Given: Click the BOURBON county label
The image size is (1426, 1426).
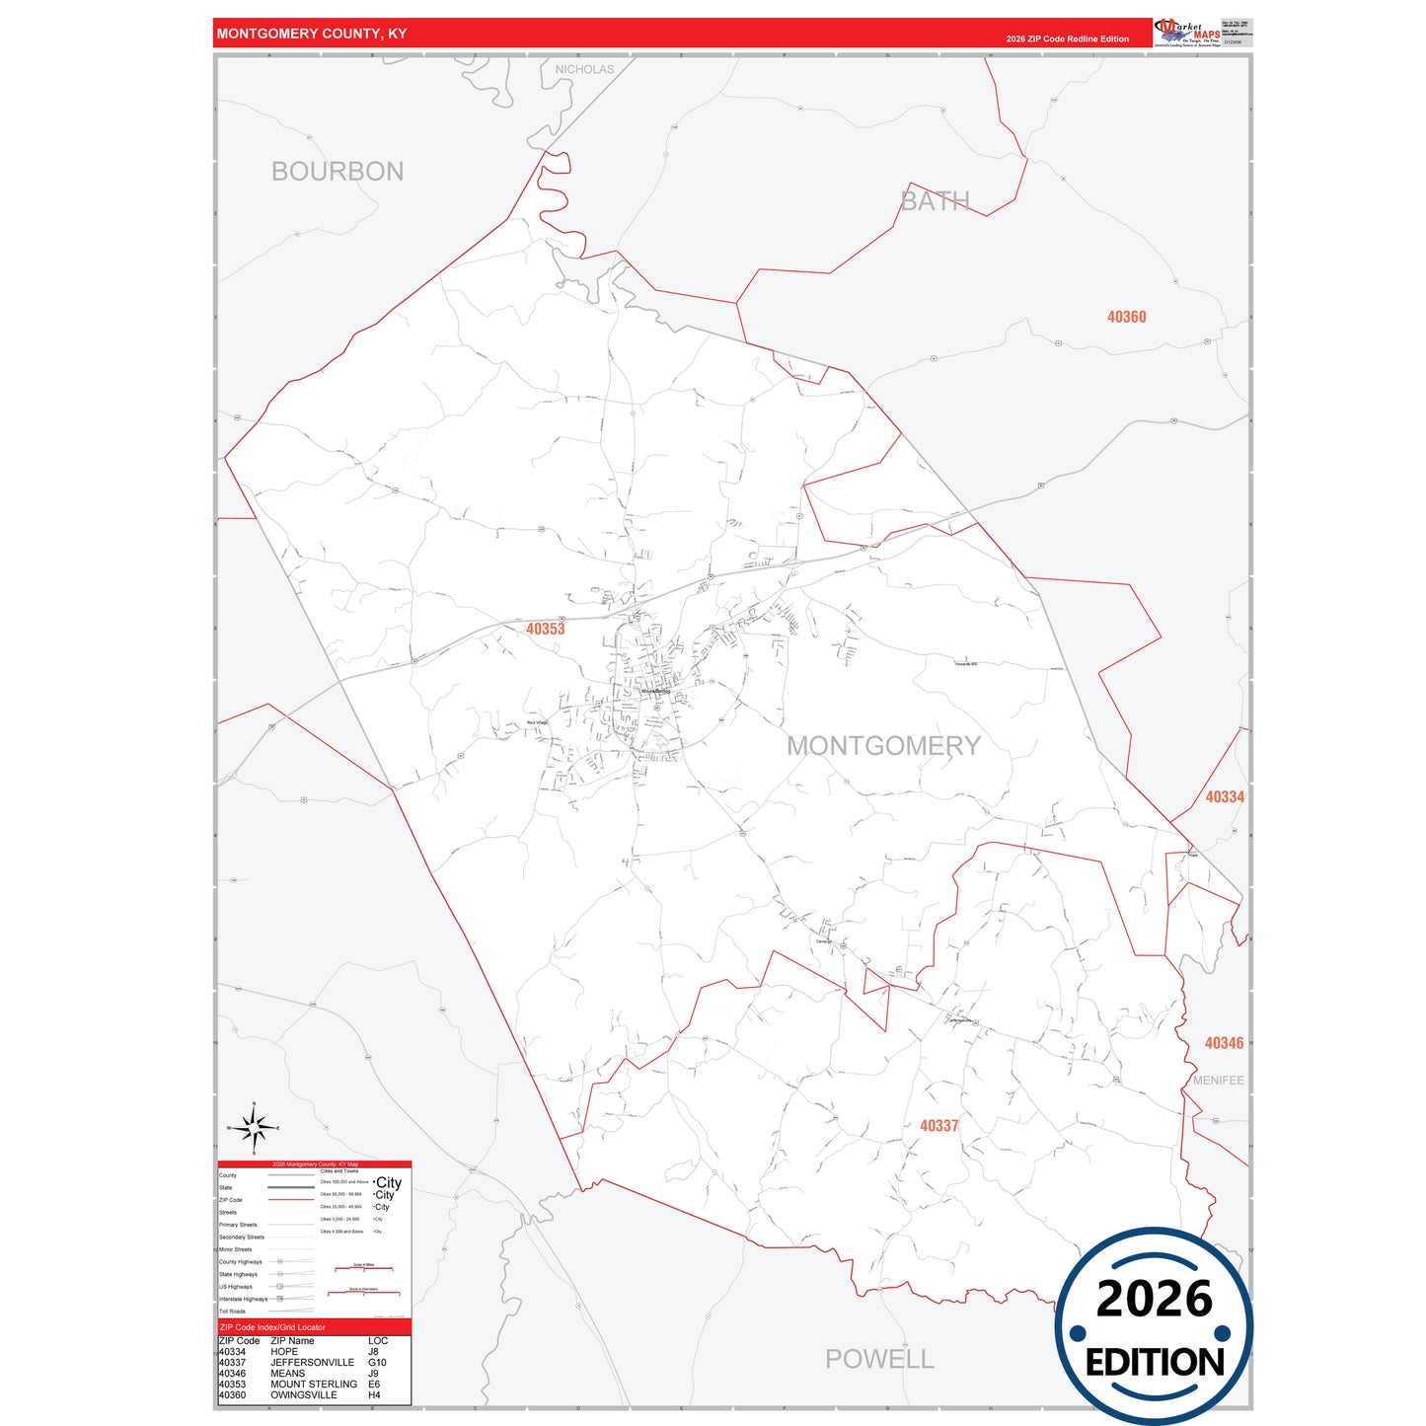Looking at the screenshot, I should [338, 172].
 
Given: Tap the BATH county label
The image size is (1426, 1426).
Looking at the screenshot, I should [935, 201].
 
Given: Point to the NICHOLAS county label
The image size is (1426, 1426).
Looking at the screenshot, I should [584, 69].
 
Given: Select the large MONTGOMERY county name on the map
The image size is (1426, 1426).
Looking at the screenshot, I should [883, 746].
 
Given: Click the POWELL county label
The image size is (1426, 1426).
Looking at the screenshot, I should [879, 1359].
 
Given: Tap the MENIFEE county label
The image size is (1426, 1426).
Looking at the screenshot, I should [1219, 1081].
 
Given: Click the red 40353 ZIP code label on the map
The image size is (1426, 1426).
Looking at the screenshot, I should [545, 629].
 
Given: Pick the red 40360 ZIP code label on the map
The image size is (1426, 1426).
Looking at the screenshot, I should [1126, 317].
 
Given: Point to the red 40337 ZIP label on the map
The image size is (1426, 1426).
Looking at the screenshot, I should [938, 1125].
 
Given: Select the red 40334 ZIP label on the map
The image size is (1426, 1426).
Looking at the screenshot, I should [1225, 796].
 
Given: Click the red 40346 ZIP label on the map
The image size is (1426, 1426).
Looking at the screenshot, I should [1224, 1043].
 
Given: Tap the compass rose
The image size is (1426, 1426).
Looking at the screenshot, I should [254, 1128].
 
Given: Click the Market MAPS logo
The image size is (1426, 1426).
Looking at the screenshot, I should [1187, 32].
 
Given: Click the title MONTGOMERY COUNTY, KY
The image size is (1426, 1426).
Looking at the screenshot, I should [312, 34].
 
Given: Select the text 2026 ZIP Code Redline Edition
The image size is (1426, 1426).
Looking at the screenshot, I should [1067, 39].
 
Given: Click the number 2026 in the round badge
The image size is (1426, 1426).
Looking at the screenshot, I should [1154, 1299].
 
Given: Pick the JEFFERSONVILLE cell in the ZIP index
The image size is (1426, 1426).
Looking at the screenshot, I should [312, 1363].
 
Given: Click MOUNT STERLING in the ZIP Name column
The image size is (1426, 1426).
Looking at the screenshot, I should [314, 1385].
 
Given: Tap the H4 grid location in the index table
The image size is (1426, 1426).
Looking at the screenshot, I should [374, 1395].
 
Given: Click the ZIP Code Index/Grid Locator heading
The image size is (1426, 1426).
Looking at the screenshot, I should [272, 1327].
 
